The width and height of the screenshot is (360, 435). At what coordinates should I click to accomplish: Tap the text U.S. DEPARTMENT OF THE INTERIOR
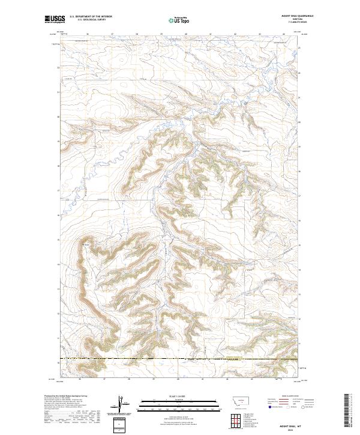(x=90, y=17)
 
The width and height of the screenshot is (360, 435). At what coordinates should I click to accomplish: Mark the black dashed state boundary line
(x=180, y=359)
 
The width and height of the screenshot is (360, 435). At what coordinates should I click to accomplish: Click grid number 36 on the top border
(x=88, y=34)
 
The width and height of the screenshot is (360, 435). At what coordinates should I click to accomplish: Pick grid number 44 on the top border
(x=284, y=34)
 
